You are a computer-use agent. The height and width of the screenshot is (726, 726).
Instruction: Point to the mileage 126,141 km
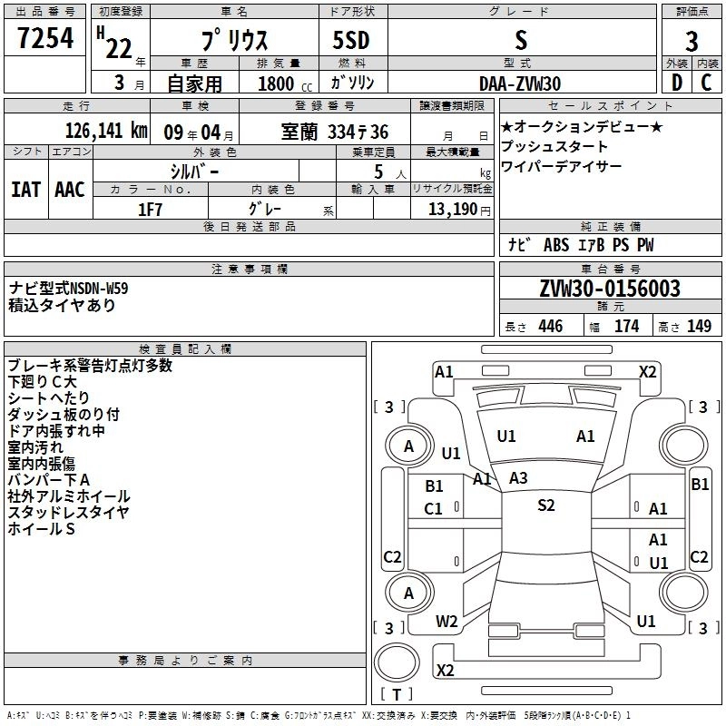tap(105, 131)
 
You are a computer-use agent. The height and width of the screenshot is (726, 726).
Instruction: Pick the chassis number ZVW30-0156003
tap(610, 289)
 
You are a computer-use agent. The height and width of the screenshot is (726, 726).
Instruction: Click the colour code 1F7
tap(151, 209)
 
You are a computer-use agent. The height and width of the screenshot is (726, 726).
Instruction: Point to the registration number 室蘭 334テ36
tap(334, 132)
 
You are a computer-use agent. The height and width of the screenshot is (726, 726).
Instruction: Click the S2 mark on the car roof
tap(545, 505)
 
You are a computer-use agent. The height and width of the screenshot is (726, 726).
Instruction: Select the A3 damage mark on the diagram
tap(518, 477)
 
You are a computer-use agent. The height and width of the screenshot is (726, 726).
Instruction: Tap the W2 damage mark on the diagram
tap(446, 622)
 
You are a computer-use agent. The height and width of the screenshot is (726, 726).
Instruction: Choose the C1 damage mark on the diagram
tap(434, 509)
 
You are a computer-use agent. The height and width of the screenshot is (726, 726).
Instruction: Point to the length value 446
tap(550, 327)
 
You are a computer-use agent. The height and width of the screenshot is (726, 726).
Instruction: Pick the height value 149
tap(699, 327)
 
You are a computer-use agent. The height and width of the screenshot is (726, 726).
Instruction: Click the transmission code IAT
tap(25, 190)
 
